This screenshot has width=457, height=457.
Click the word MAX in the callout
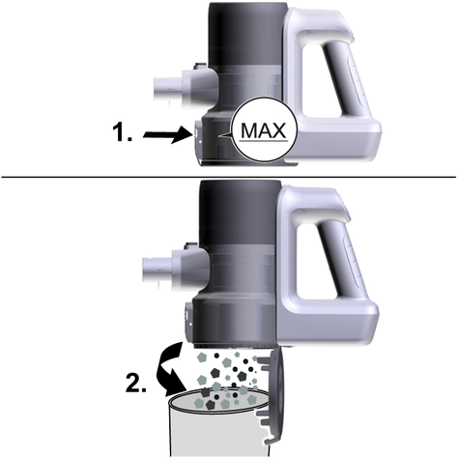click(263, 130)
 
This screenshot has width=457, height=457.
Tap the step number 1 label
click(122, 132)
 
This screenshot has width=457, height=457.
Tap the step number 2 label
click(135, 384)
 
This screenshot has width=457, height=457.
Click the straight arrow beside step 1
click(167, 134)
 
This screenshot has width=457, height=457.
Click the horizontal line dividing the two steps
click(228, 177)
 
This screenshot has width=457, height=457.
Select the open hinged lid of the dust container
click(273, 398)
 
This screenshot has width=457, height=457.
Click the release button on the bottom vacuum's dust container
click(187, 316)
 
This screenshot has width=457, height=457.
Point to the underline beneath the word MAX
click(264, 141)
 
